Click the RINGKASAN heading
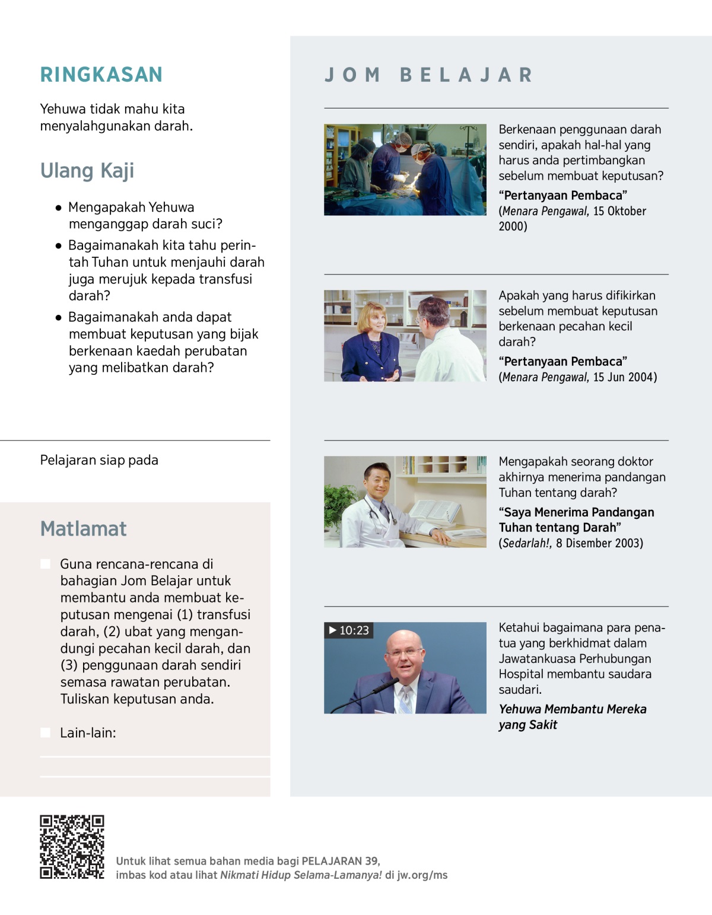click(x=101, y=75)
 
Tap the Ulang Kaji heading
click(x=87, y=171)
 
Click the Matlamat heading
click(x=84, y=528)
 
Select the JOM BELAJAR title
click(x=428, y=75)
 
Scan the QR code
click(x=72, y=847)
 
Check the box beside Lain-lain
click(x=45, y=733)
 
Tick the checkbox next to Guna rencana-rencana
click(x=45, y=564)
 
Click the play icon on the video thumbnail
click(x=333, y=630)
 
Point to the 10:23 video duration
click(x=354, y=630)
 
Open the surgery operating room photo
click(x=405, y=170)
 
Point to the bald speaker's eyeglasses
click(x=405, y=652)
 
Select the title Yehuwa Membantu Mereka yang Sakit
click(x=572, y=717)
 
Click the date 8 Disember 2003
click(x=599, y=543)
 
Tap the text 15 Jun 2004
click(x=624, y=377)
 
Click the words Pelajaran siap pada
click(x=99, y=460)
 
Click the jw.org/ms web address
click(x=422, y=875)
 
